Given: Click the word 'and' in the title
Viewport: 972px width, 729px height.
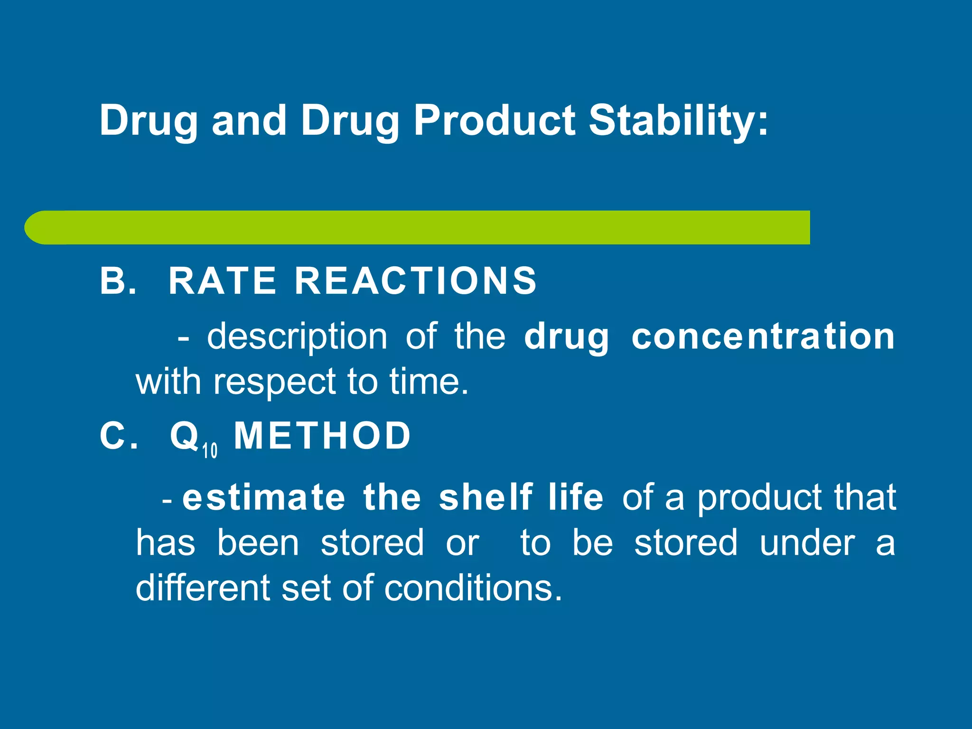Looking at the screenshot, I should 249,121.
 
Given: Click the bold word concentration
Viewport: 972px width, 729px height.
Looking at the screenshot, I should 763,336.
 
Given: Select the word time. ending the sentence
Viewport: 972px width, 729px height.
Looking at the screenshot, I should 429,382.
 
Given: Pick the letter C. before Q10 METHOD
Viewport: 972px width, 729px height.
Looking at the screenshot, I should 119,436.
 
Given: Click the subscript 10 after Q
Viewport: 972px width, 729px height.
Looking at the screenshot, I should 210,450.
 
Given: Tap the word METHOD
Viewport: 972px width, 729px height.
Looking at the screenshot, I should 322,436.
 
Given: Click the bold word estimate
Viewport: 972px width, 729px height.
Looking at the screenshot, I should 264,497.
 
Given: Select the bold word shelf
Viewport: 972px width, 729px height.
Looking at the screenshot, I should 486,497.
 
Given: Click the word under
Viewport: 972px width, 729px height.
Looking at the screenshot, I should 807,543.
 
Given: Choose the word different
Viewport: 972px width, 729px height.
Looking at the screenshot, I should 203,588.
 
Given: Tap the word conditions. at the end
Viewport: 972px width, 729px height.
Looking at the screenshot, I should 473,588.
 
